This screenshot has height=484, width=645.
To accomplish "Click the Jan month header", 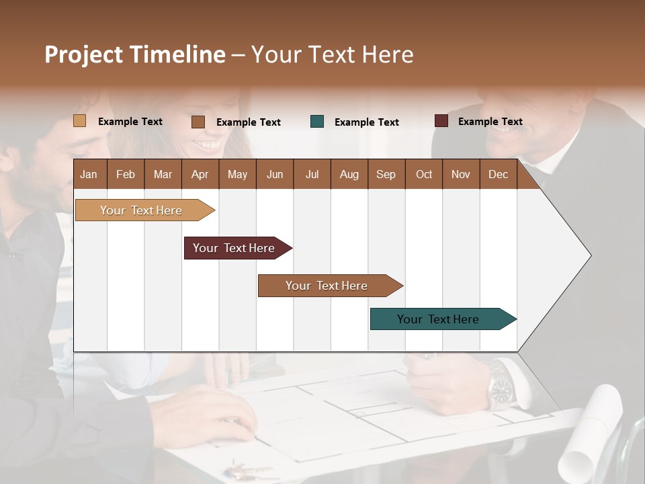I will (x=89, y=175).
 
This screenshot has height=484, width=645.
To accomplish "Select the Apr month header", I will (x=200, y=175).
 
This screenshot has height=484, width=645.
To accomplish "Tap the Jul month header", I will (x=312, y=175).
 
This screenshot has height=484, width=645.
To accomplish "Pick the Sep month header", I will (x=386, y=175).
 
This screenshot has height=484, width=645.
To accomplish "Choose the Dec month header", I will (x=498, y=175).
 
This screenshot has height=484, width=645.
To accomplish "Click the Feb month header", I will (x=126, y=175).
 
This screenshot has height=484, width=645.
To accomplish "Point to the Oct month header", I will (x=424, y=175).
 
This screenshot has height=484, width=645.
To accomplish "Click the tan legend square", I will (x=79, y=121).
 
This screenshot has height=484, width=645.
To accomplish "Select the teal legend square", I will (x=317, y=122).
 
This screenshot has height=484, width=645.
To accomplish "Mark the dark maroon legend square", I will (x=441, y=121).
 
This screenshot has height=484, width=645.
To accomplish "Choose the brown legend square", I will (x=198, y=122).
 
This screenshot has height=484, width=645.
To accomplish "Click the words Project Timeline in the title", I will (x=135, y=54).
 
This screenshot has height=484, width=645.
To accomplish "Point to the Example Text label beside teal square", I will (x=367, y=122).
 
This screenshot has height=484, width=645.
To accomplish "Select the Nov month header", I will (x=461, y=175).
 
